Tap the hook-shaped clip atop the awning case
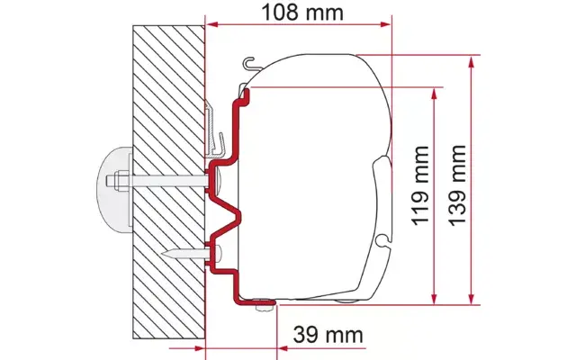253,63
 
